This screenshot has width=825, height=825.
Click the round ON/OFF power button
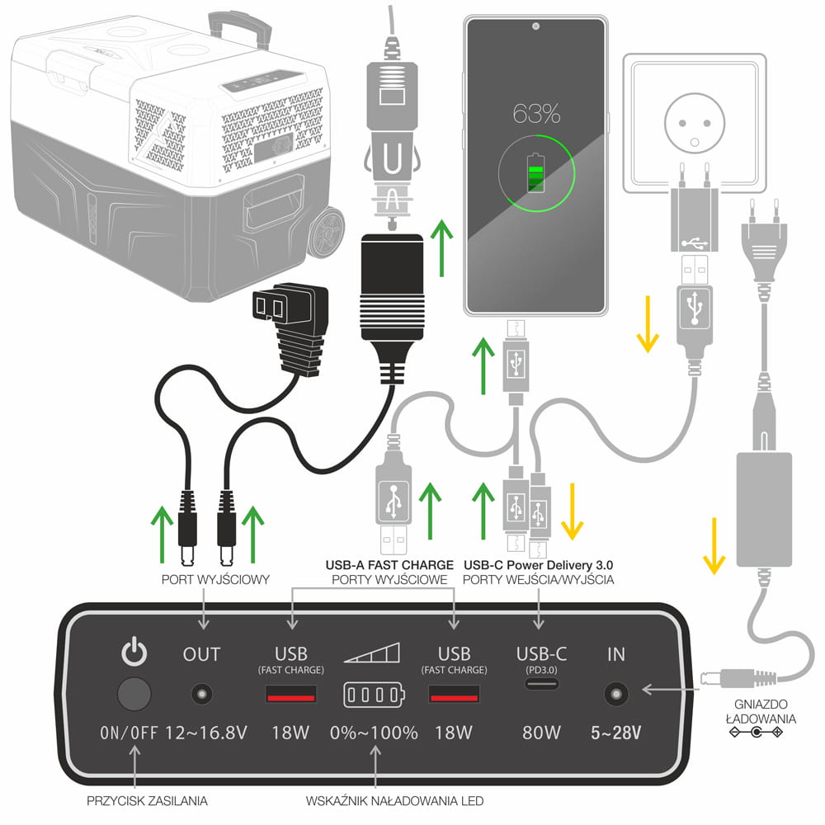(134, 694)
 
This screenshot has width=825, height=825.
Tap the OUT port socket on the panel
(200, 694)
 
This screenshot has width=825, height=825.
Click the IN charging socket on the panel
(615, 694)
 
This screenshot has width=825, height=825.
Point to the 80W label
(541, 732)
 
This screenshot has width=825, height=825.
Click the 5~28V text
(617, 732)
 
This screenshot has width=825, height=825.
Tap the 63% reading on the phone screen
(535, 113)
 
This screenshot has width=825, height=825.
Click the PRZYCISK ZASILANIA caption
(147, 799)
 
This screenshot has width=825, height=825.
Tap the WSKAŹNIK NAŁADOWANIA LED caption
(394, 800)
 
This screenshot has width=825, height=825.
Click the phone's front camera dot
(535, 26)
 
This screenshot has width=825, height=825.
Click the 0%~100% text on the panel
(374, 732)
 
